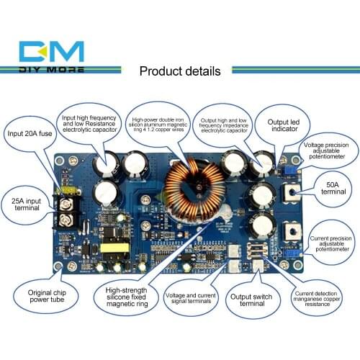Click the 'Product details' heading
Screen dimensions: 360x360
click(x=179, y=71)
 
